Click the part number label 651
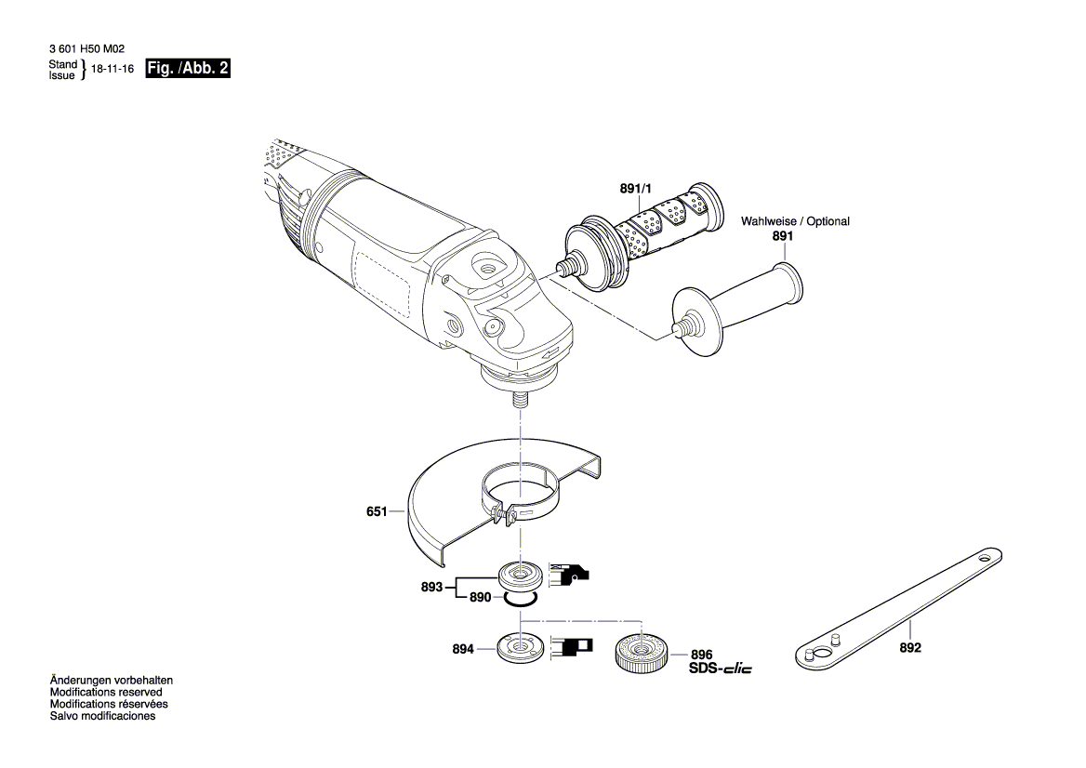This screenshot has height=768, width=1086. pyautogui.click(x=376, y=510)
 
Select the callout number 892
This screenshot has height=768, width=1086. pyautogui.click(x=910, y=648)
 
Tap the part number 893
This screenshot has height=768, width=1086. pyautogui.click(x=432, y=587)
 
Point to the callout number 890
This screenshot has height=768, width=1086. pyautogui.click(x=480, y=598)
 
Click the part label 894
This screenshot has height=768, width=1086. pyautogui.click(x=463, y=648)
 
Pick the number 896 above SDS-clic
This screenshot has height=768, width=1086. pyautogui.click(x=701, y=655)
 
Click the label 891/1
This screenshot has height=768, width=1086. pyautogui.click(x=636, y=189)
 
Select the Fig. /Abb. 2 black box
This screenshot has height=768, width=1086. pyautogui.click(x=188, y=70)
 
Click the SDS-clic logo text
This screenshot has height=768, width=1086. pyautogui.click(x=720, y=669)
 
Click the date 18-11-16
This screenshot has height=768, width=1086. pyautogui.click(x=113, y=70)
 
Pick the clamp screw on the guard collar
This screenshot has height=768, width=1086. pyautogui.click(x=502, y=517)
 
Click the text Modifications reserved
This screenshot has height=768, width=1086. pyautogui.click(x=106, y=692)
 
